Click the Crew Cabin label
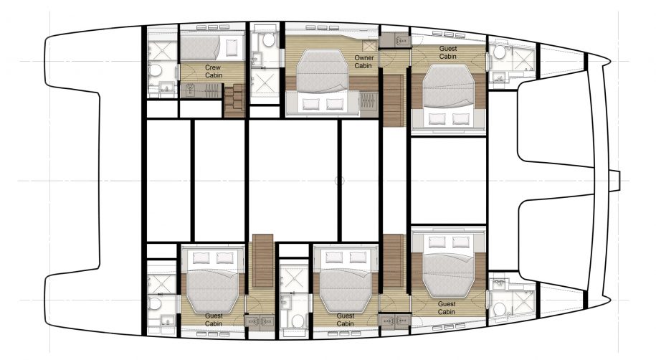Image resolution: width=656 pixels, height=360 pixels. point(214,71)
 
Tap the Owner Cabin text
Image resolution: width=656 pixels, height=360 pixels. point(363,62)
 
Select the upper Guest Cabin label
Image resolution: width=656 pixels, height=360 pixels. point(447,52)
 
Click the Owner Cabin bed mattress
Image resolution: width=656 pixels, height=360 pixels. point(323,72)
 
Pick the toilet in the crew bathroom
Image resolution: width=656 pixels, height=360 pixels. point(156,70)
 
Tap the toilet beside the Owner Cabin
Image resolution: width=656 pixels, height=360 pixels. point(268,40)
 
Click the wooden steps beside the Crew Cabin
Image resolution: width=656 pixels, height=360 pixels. point(234,100)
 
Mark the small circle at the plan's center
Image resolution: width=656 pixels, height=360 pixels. point(340,181)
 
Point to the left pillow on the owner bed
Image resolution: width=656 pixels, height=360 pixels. point(311,104)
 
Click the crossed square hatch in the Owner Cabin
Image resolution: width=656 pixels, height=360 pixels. point(370,46)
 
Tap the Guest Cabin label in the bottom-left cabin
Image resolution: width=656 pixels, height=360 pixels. point(214,320)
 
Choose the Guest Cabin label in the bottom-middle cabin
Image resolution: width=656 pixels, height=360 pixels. point(346,320)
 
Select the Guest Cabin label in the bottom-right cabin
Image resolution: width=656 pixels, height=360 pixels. point(447,308)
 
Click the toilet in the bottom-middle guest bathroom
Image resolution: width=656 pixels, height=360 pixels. point(298,321)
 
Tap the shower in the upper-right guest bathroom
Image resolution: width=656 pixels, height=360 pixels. point(523,61)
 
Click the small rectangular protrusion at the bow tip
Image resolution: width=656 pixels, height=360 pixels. point(614,181)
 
